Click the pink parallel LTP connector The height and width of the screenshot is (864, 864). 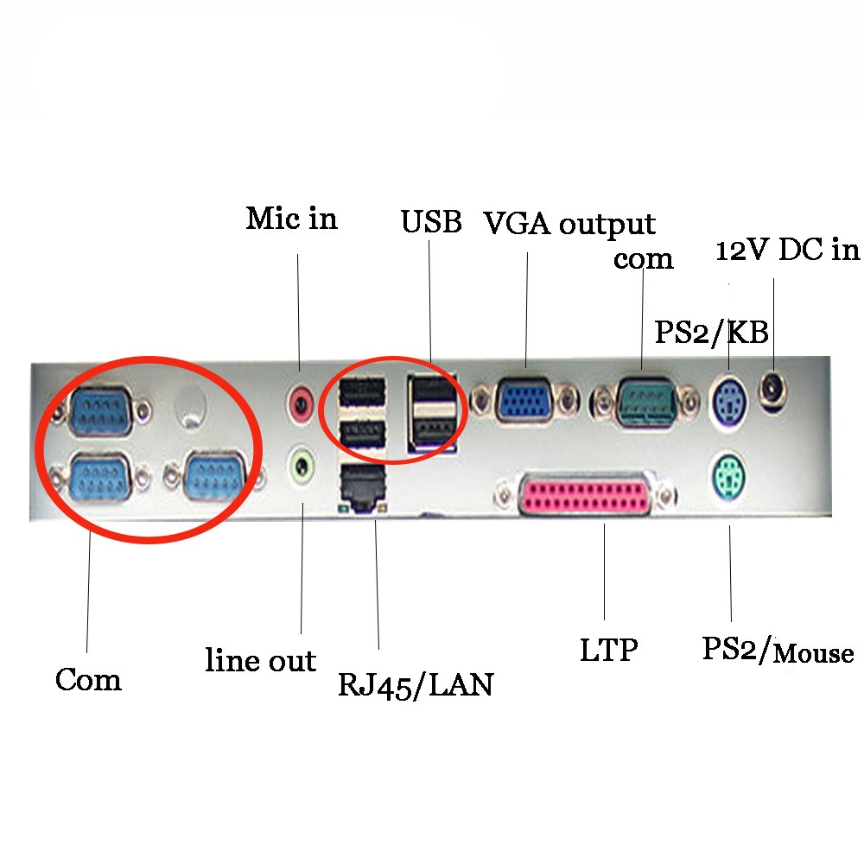(x=584, y=496)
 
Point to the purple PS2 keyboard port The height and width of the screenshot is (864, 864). (x=731, y=398)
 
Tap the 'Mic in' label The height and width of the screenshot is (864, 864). (x=291, y=218)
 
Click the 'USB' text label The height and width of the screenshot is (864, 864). (x=431, y=222)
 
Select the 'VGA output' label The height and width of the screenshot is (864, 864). (x=569, y=224)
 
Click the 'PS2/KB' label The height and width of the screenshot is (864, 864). (x=711, y=332)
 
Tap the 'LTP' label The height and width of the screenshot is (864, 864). (x=608, y=650)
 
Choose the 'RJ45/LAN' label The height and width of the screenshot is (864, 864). (x=415, y=685)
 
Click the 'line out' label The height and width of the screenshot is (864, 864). (x=260, y=661)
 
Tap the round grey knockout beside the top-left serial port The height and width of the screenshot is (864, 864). (x=190, y=403)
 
